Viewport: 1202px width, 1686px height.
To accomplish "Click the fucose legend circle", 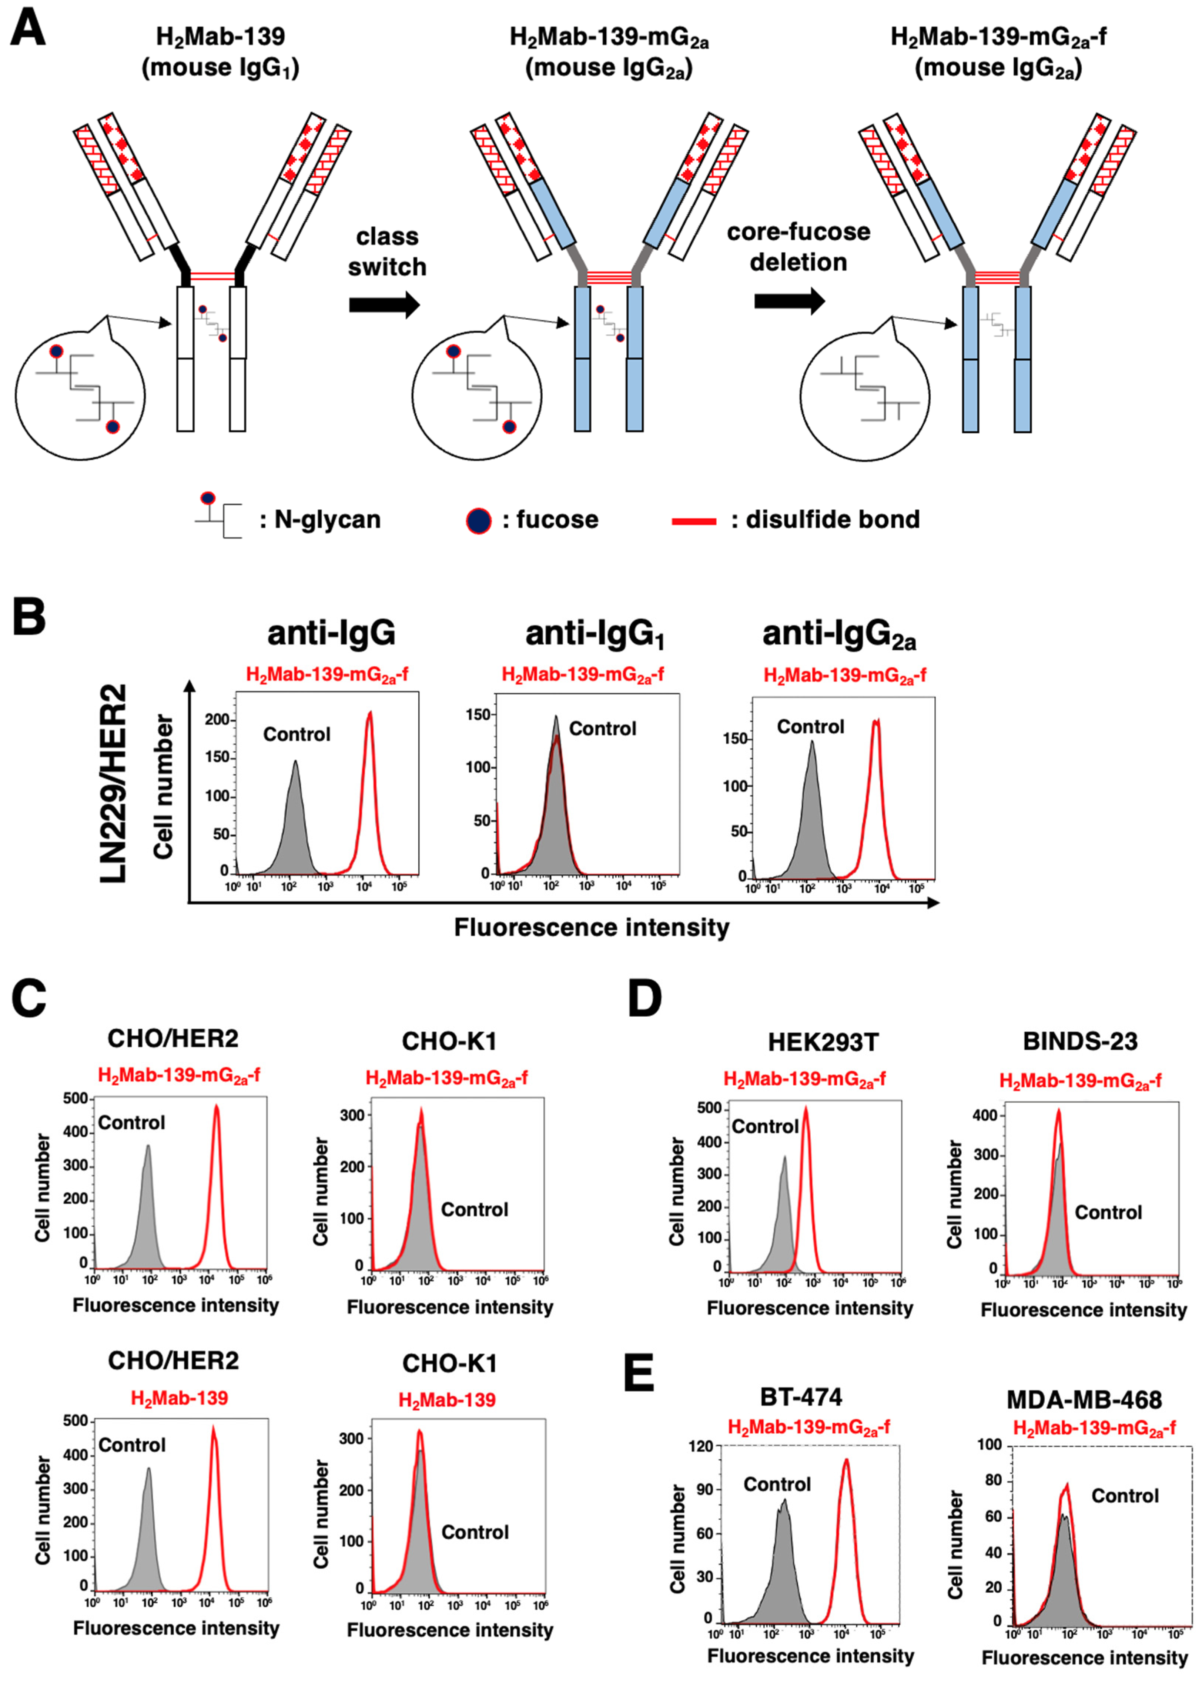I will point(479,520).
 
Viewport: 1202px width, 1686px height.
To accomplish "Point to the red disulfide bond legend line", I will point(693,521).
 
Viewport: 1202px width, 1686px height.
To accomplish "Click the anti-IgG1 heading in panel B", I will point(595,634).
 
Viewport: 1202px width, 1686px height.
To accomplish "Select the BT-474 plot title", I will point(801,1396).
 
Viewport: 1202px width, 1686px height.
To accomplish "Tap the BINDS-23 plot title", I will point(1080,1042).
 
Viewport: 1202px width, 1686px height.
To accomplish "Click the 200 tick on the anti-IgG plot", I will point(217,720).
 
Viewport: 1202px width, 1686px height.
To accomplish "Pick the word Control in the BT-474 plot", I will point(777,1484).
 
